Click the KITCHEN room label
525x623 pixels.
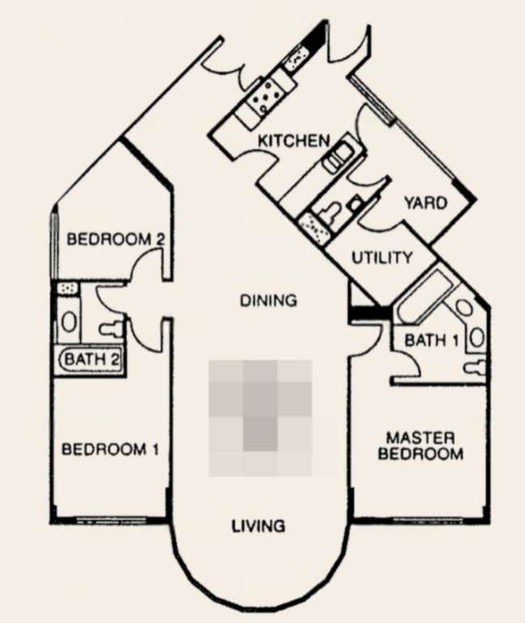294,141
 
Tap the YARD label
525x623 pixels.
425,203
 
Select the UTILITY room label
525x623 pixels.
382,258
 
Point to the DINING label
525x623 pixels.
269,301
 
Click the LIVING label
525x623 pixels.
258,526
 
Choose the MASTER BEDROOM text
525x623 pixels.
420,446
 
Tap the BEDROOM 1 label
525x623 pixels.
110,450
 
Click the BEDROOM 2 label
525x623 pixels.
116,239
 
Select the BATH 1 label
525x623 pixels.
432,340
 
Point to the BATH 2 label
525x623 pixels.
91,359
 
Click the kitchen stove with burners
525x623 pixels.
267,96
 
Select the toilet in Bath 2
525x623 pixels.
113,327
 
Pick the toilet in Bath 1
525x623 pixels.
476,366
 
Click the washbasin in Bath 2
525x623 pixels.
69,321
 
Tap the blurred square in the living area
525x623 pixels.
260,417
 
